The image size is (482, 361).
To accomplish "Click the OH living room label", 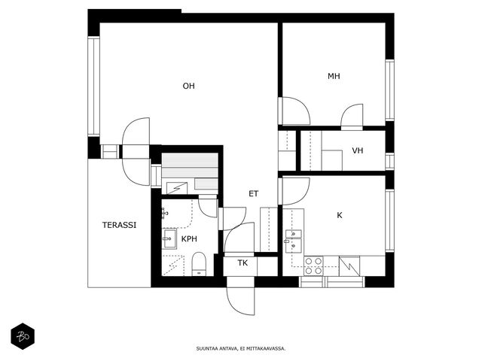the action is pyautogui.click(x=188, y=86).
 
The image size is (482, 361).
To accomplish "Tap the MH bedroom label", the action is pyautogui.click(x=334, y=76).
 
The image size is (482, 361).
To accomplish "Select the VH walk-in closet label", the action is pyautogui.click(x=358, y=150).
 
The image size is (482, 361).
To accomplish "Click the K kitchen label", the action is pyautogui.click(x=340, y=215).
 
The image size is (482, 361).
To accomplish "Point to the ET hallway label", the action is pyautogui.click(x=253, y=194).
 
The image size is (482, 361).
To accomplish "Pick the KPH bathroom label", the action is pyautogui.click(x=189, y=239).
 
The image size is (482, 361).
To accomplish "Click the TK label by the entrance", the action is pyautogui.click(x=243, y=262).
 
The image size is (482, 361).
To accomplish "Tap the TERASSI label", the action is pyautogui.click(x=119, y=225).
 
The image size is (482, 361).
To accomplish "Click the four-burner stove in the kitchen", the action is pyautogui.click(x=313, y=265).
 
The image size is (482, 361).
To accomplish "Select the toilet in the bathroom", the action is pyautogui.click(x=199, y=264).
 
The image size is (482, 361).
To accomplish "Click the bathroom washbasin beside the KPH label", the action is pyautogui.click(x=169, y=238).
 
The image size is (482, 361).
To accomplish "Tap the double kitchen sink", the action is pyautogui.click(x=293, y=241).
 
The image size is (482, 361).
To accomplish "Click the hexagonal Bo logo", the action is pyautogui.click(x=23, y=336).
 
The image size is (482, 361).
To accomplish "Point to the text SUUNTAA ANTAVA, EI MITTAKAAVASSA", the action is pyautogui.click(x=241, y=348).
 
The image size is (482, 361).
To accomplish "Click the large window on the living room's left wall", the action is pyautogui.click(x=93, y=86).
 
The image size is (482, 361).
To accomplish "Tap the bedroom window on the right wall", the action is pyautogui.click(x=389, y=90).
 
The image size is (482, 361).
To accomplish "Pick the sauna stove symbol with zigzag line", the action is pyautogui.click(x=177, y=188).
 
